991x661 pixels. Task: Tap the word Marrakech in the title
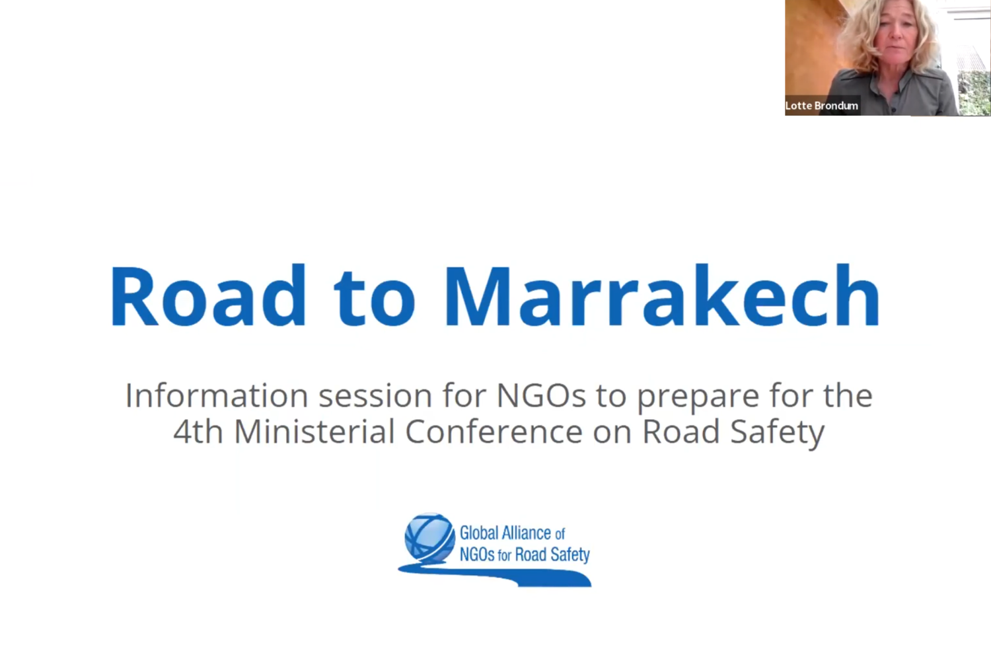coord(662,295)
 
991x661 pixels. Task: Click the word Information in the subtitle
coord(217,395)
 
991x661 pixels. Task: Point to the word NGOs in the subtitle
coord(541,395)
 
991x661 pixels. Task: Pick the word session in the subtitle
coord(375,396)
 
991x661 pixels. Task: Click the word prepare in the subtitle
coord(698,399)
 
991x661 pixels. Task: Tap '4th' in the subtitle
coord(198,432)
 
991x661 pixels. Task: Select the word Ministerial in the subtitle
coord(314,432)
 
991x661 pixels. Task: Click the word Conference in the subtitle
coord(494,432)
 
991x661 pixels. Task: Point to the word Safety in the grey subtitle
coord(778,434)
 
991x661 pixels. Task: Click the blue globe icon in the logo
coord(429,538)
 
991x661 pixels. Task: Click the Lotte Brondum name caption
coord(822,106)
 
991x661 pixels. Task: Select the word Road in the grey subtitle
coord(681,432)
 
